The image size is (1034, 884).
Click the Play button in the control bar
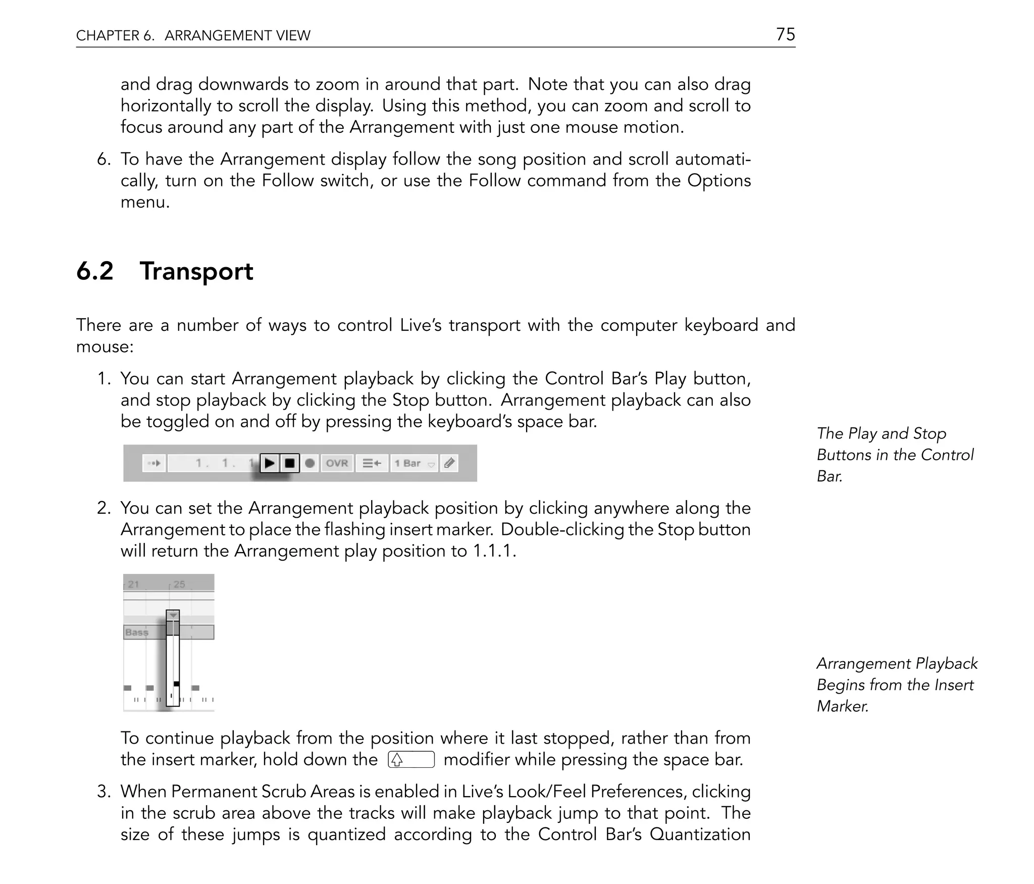[270, 463]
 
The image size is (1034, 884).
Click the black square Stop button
[290, 463]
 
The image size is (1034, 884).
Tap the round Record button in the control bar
[310, 463]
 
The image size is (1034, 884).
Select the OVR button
[337, 463]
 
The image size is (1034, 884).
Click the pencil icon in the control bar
[449, 463]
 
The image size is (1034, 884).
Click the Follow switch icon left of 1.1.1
[154, 463]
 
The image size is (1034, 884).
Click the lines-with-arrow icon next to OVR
[372, 463]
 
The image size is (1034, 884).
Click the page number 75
[785, 34]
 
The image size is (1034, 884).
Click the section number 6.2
[95, 271]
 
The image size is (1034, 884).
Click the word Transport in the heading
[196, 271]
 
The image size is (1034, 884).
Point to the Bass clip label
[137, 632]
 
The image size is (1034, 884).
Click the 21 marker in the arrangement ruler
[133, 584]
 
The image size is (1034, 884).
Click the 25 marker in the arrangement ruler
[179, 584]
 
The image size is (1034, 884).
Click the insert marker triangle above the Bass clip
[173, 615]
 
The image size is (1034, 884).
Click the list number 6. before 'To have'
[104, 159]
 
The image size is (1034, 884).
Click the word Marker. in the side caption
[842, 706]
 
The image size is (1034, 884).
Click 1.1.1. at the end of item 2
[494, 551]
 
